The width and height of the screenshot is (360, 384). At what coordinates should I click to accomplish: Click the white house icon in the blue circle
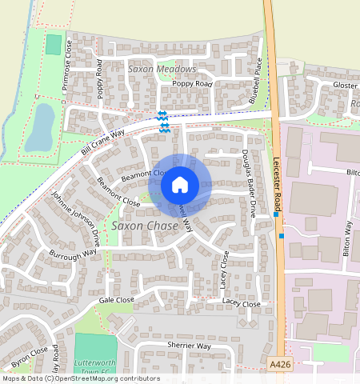point(180,186)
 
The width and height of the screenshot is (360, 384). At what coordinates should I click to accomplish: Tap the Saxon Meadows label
point(162,70)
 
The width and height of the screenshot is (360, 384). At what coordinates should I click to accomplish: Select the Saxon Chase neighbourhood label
point(144,226)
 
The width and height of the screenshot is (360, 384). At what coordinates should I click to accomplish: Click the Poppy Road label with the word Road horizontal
point(192,83)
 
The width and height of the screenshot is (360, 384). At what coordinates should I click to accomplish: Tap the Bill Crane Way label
point(104,142)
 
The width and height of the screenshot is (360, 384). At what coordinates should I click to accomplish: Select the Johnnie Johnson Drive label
point(77,218)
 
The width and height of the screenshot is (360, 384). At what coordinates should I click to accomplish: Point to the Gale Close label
point(116,299)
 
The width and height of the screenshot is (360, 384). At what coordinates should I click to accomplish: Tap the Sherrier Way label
point(189,346)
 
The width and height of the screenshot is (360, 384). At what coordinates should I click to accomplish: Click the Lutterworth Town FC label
point(95,366)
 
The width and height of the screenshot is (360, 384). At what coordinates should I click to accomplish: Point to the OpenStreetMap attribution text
point(80,378)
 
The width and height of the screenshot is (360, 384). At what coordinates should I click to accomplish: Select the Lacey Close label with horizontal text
point(241,303)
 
